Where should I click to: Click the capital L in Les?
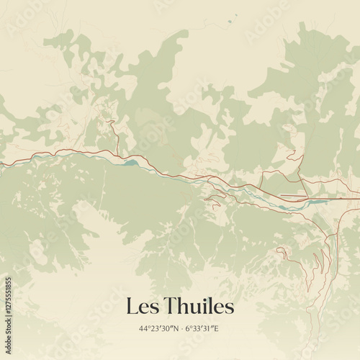131,306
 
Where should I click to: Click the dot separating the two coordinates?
181,329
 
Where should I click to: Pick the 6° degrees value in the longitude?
189,329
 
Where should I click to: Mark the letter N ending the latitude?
174,329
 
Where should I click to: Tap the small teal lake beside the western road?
130,163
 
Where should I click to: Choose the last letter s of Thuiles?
230,307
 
